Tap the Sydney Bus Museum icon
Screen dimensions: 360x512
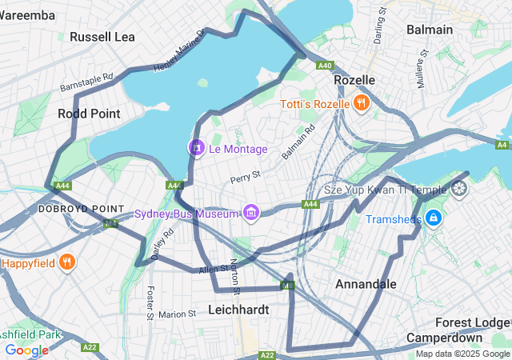tap(251, 213)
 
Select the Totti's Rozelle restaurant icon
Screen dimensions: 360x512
tap(361, 103)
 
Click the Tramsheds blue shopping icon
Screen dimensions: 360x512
tap(433, 218)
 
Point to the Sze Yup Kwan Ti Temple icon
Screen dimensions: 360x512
tap(459, 189)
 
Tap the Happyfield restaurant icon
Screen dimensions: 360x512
tap(67, 262)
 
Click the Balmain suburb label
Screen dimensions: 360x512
tap(429, 30)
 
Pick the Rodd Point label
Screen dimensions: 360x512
tap(89, 114)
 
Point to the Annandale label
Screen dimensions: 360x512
tap(366, 284)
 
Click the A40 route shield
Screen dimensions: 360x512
tap(324, 66)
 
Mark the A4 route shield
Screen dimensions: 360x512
tap(502, 145)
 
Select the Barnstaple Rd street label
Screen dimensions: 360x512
tap(86, 82)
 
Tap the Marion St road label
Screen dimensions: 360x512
tap(177, 314)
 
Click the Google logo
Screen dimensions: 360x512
tap(26, 350)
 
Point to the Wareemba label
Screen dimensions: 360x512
tap(29, 15)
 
